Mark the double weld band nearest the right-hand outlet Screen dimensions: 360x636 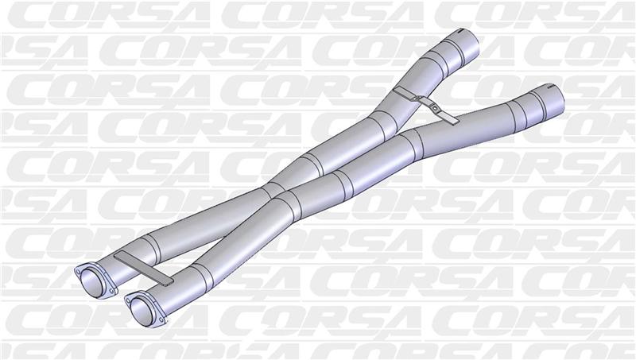[516, 107]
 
